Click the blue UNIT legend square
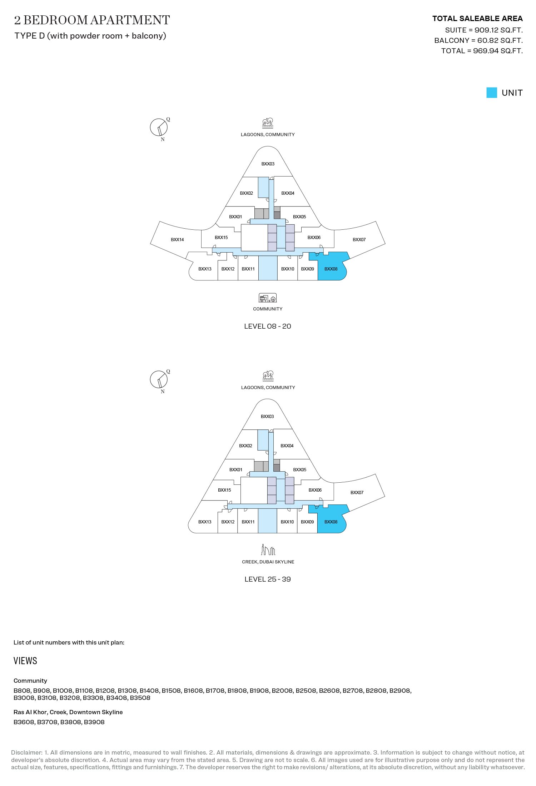[492, 93]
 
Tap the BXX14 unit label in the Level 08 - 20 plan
[177, 240]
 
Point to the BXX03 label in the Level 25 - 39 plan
[267, 417]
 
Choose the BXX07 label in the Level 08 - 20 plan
[359, 240]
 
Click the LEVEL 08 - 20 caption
[268, 326]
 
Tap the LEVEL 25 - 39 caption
[268, 579]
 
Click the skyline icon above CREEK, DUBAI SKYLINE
[268, 550]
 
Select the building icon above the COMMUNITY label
[268, 298]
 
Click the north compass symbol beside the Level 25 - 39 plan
[159, 380]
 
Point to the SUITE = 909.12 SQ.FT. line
[484, 30]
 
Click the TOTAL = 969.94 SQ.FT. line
[482, 51]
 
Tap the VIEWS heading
[25, 661]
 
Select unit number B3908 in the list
[94, 722]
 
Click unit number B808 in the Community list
[22, 691]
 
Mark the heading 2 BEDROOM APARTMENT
[92, 20]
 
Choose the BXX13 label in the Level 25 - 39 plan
[205, 522]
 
